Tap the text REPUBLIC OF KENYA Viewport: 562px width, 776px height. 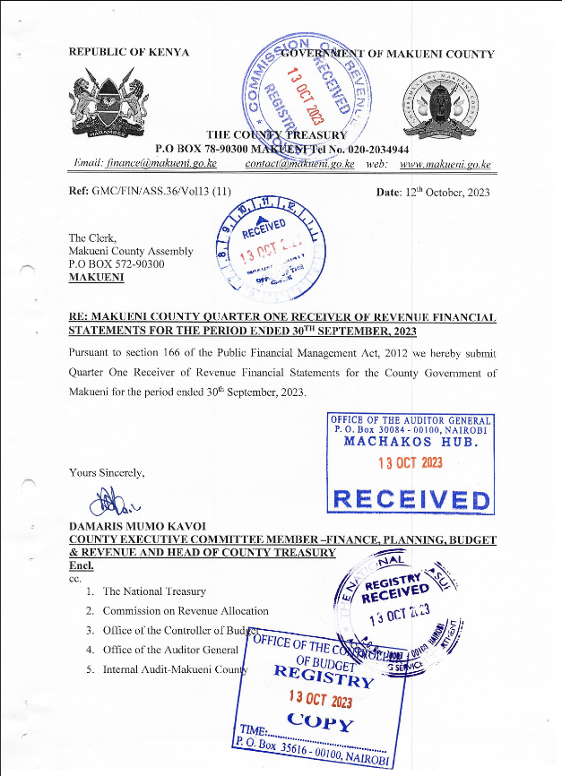click(129, 53)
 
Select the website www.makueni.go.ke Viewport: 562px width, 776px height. click(445, 164)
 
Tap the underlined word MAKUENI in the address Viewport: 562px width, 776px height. click(97, 278)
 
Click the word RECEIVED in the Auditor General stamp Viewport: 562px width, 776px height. click(411, 498)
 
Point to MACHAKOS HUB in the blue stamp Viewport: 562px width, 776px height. click(411, 442)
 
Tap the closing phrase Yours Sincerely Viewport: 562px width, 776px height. click(106, 471)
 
